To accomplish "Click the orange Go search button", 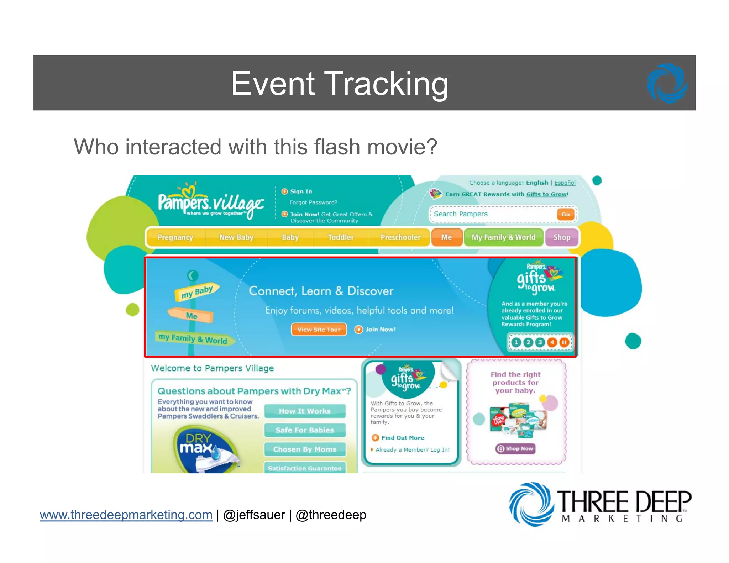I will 565,214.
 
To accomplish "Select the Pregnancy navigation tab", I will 175,237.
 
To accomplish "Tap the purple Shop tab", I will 561,237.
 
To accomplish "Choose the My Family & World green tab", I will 503,237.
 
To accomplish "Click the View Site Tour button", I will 319,330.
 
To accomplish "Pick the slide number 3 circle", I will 540,342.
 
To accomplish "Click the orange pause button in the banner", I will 564,342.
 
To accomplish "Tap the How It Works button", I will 305,411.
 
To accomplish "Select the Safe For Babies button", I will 305,430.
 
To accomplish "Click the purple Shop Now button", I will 515,448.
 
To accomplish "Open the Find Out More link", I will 402,438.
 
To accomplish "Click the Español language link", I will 565,183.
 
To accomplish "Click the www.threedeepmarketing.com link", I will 126,515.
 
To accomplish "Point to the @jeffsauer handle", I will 254,515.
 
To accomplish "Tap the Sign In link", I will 301,191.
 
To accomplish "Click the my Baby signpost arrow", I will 197,292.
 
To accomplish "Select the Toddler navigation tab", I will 341,237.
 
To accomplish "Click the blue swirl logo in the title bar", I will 667,83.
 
